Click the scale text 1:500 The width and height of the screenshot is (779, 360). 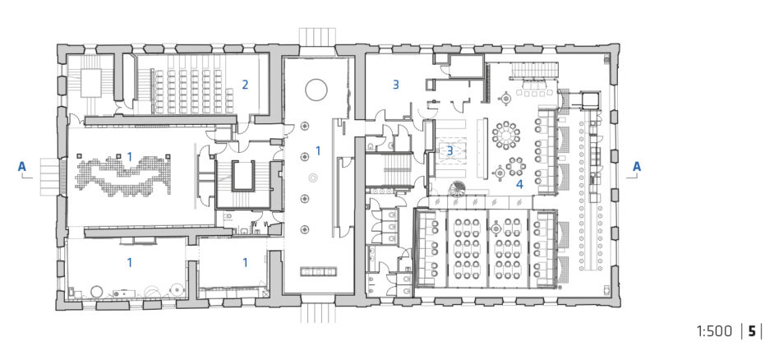coord(714,331)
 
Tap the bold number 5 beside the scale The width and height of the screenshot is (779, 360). coord(752,331)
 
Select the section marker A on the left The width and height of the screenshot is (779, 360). coord(22,167)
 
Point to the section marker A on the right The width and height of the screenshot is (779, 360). coord(636,167)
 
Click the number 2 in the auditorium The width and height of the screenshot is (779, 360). coord(245,85)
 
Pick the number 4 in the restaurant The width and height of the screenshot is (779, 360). coord(519,184)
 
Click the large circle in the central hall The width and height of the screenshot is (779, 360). coord(316,90)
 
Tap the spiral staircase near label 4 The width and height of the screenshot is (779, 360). coord(456,189)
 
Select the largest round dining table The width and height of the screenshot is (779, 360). coord(506,134)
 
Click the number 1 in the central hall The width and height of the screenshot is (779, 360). coord(319,150)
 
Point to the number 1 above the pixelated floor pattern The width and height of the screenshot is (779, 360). coord(130,157)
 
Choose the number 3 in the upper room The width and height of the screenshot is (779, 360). coord(396,85)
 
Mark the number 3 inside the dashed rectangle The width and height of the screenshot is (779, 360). coord(449,150)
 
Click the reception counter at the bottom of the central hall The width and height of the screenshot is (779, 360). coord(319,271)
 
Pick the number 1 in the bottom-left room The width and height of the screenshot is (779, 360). coord(130,262)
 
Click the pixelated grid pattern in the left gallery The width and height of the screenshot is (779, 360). coord(124,174)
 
